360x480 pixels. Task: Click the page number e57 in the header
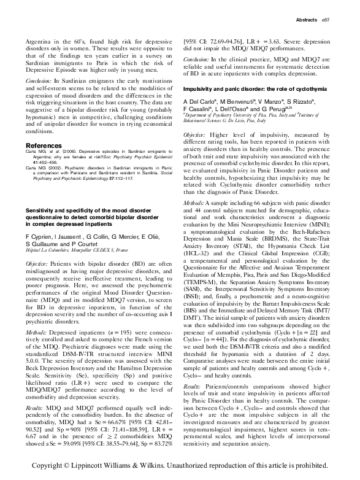pyautogui.click(x=326, y=21)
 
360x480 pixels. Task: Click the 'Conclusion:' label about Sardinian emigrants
pyautogui.click(x=42, y=80)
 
